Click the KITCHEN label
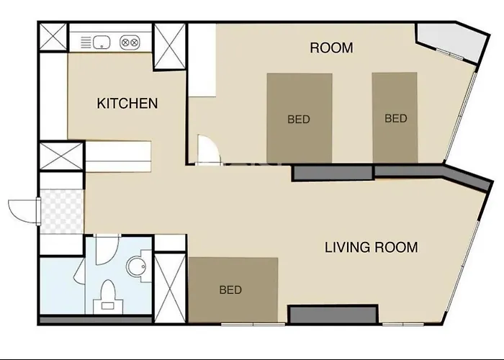(127, 104)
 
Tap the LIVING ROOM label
(372, 248)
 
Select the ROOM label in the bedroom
(331, 48)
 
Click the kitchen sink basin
(102, 42)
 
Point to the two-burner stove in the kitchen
(130, 42)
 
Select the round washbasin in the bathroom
(137, 266)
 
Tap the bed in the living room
(233, 289)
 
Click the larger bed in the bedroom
(300, 118)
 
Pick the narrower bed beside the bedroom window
(395, 117)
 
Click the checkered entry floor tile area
(62, 211)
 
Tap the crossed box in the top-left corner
(53, 37)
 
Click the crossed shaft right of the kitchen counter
(170, 46)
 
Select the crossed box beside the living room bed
(170, 288)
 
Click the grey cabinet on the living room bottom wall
(333, 314)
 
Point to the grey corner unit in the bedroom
(451, 42)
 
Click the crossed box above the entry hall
(61, 156)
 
